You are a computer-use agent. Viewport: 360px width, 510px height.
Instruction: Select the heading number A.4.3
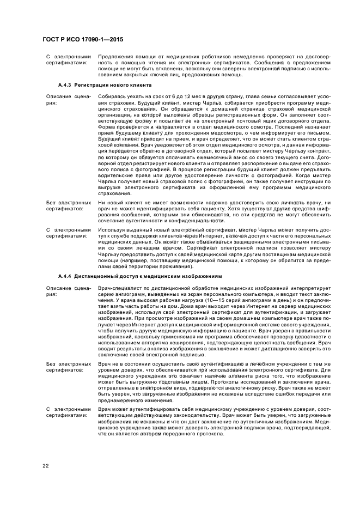tap(65, 86)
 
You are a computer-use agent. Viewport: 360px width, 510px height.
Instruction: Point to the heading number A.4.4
tap(65, 276)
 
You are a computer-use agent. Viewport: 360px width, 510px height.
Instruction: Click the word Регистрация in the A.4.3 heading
tap(90, 86)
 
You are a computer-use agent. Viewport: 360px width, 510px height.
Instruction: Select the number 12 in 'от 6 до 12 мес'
tap(176, 95)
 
